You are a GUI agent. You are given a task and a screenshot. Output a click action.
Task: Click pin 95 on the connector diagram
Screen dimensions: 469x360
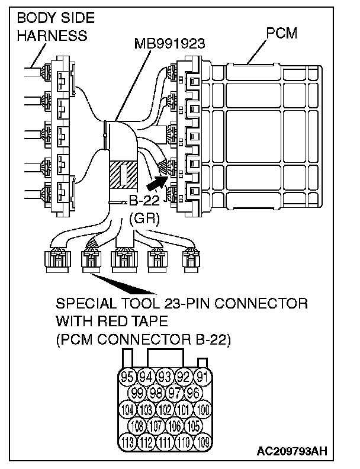[x=127, y=375]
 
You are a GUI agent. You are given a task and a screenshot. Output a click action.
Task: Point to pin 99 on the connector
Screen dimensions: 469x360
[x=137, y=392]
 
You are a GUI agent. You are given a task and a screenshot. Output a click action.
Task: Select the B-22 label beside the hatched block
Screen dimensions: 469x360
[x=142, y=201]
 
